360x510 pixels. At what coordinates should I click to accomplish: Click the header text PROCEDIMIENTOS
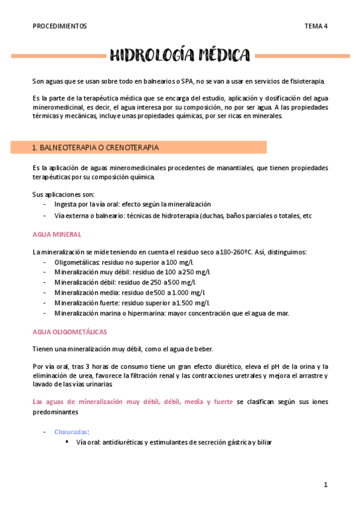point(59,26)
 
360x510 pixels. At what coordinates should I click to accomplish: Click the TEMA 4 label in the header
point(316,26)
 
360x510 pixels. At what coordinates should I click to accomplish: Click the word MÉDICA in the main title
point(221,56)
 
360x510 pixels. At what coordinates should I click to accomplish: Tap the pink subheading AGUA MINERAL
point(57,235)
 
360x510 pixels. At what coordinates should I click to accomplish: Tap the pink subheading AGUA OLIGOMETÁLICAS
point(70,331)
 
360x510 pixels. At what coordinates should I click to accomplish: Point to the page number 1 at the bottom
point(325,485)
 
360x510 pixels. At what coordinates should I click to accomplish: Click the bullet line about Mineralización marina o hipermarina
point(171,313)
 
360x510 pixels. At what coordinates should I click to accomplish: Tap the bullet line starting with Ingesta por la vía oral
point(132,204)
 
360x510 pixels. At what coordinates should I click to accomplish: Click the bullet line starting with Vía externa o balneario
point(183,215)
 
